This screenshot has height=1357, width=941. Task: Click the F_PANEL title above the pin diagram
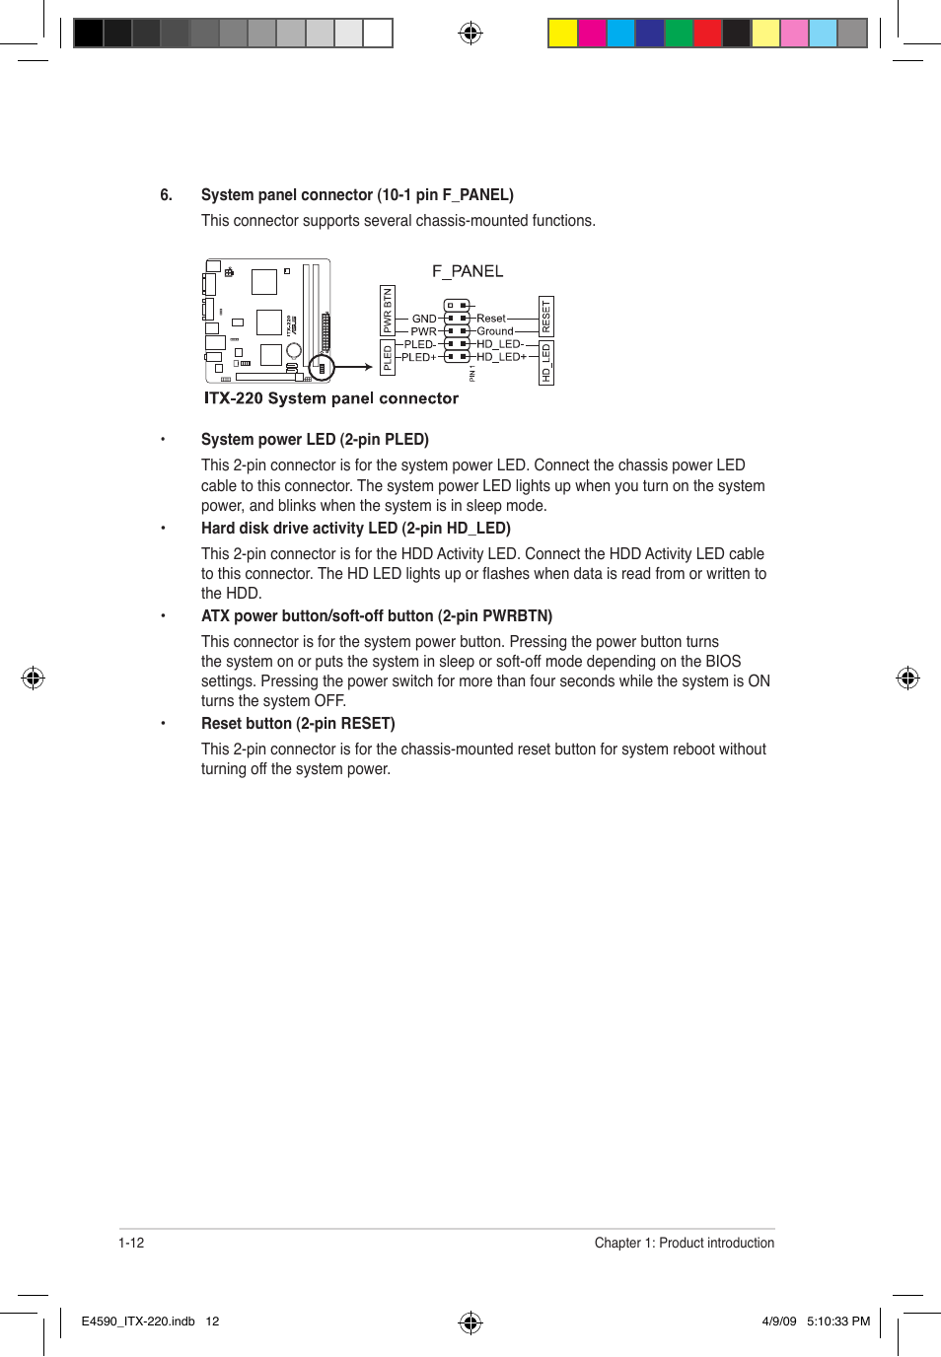click(x=468, y=271)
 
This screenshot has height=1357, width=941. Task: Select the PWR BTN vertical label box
click(x=388, y=310)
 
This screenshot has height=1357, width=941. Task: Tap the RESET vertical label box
click(x=546, y=317)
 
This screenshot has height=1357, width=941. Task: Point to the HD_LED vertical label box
click(x=546, y=363)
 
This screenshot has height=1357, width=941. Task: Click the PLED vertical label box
click(x=388, y=357)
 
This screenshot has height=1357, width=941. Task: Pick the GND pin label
click(x=423, y=319)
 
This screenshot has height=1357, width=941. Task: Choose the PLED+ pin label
click(x=418, y=357)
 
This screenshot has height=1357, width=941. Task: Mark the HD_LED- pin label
click(x=500, y=344)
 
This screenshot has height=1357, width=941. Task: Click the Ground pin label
click(x=495, y=331)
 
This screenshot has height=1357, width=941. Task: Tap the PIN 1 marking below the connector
click(x=472, y=373)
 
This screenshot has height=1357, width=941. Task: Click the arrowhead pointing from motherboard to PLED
click(x=368, y=368)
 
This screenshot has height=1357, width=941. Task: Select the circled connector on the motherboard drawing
click(x=322, y=368)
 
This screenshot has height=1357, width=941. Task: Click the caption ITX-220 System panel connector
click(x=331, y=398)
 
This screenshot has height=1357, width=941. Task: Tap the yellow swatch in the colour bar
click(x=562, y=34)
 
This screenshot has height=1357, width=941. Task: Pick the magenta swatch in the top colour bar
click(x=592, y=34)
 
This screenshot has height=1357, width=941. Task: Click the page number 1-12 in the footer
click(x=131, y=1243)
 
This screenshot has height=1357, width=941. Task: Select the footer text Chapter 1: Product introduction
click(x=684, y=1243)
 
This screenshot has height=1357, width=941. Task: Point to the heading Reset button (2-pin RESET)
click(x=298, y=724)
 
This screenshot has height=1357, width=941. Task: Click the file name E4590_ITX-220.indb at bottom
click(x=138, y=1321)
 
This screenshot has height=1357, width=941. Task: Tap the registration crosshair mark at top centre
click(x=470, y=34)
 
